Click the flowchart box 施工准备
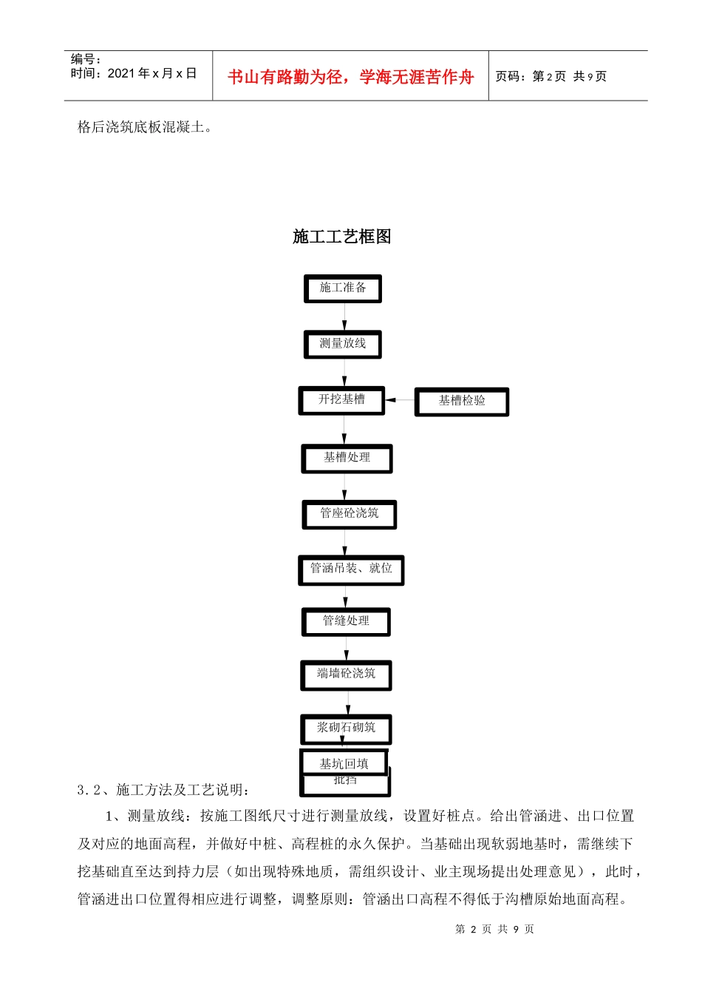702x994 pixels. click(x=343, y=288)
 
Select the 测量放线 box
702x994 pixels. click(x=343, y=345)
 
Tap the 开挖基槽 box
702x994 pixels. click(x=341, y=400)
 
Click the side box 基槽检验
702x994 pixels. click(x=462, y=402)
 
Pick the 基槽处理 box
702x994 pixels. click(x=347, y=459)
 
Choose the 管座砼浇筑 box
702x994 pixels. click(x=349, y=514)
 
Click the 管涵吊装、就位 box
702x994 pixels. click(x=351, y=569)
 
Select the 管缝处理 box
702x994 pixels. click(x=346, y=622)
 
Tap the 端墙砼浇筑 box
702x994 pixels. click(x=346, y=675)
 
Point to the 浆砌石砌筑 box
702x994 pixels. click(x=346, y=728)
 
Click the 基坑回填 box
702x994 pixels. click(x=344, y=763)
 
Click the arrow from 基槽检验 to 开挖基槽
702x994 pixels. click(x=400, y=400)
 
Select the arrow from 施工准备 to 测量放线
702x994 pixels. click(x=344, y=317)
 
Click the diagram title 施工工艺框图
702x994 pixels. click(x=342, y=237)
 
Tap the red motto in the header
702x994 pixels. click(x=350, y=77)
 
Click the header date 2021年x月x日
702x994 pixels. click(x=134, y=73)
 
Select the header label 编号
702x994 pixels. click(x=86, y=59)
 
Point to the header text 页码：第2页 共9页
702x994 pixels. click(x=551, y=76)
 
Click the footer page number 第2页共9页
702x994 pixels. click(x=494, y=929)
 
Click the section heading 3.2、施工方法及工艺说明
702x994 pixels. click(x=163, y=790)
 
